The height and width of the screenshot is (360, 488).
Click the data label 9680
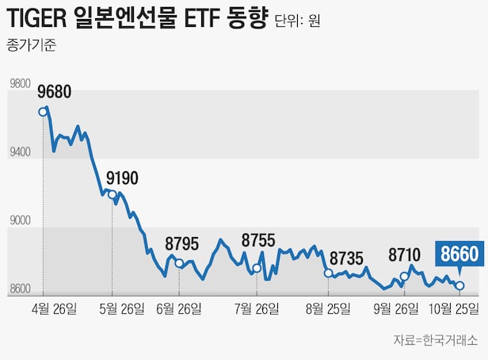[55, 92]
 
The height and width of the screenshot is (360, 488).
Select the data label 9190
[122, 178]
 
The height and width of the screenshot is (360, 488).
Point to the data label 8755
[258, 240]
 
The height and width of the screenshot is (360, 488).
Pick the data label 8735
[346, 258]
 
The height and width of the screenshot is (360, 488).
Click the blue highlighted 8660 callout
[459, 255]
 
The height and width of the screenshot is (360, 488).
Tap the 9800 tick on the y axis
[19, 83]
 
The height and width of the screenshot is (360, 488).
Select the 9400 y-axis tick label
[19, 151]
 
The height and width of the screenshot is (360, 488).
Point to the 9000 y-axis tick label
[19, 220]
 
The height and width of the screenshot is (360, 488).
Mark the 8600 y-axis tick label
[19, 289]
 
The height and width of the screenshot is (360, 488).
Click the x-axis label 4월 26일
[54, 308]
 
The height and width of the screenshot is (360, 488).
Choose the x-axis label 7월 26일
[257, 308]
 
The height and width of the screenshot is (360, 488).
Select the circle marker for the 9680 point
[43, 111]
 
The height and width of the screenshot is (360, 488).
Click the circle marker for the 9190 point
[112, 194]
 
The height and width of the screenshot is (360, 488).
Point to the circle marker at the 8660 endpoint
[459, 285]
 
